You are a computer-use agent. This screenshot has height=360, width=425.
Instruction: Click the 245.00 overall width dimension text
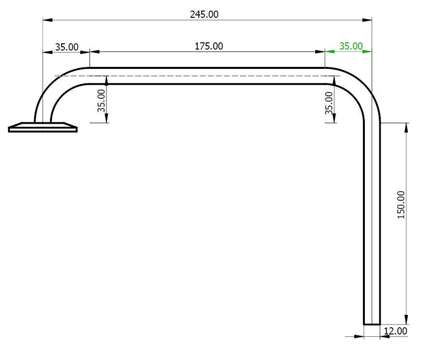[x=204, y=14]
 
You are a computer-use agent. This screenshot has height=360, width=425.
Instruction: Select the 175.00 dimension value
[x=208, y=46]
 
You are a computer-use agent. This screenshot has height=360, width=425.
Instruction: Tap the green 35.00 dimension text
[x=351, y=46]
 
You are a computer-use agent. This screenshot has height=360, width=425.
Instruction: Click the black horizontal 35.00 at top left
[x=66, y=47]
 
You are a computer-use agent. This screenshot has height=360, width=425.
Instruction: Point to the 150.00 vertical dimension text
[x=401, y=205]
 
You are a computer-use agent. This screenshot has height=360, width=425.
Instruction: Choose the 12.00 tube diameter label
[x=396, y=331]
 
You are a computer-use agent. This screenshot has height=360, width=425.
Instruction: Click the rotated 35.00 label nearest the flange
[x=102, y=101]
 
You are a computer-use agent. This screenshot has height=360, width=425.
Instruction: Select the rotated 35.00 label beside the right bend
[x=330, y=103]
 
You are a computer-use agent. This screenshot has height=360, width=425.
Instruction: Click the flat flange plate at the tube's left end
[x=43, y=128]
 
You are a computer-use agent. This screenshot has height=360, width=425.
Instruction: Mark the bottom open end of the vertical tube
[x=372, y=323]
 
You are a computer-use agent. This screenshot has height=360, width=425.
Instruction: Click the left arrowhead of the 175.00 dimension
[x=94, y=51]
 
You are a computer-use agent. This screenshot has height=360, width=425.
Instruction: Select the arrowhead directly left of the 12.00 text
[x=384, y=336]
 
